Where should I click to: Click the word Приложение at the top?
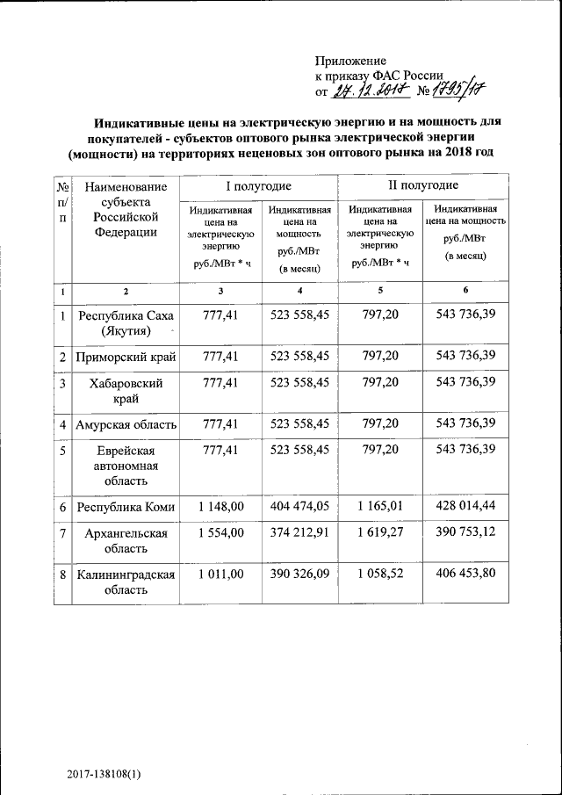350,61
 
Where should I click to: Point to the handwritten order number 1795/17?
458,90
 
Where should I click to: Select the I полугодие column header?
259,186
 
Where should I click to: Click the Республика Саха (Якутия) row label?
126,322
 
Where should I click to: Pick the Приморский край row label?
126,357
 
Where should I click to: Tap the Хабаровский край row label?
126,390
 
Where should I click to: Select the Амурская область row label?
126,424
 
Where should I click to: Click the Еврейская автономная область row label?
126,465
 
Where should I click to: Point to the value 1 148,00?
220,507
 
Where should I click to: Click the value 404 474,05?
299,507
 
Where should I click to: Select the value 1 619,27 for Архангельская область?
380,533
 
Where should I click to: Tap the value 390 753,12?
465,533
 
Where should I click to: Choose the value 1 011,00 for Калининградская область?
220,574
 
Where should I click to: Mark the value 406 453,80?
465,574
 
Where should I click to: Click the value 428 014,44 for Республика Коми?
465,507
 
